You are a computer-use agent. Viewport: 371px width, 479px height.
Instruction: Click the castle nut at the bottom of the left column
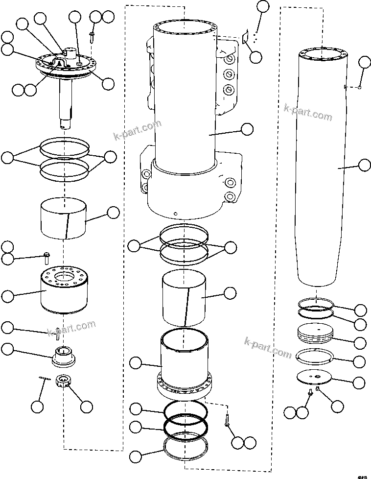pyautogui.click(x=63, y=381)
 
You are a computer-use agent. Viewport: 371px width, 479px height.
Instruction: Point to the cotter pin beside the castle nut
pyautogui.click(x=45, y=377)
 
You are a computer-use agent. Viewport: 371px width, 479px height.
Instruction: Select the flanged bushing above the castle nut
pyautogui.click(x=63, y=355)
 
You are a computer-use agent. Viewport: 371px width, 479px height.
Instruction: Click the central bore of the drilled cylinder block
pyautogui.click(x=65, y=278)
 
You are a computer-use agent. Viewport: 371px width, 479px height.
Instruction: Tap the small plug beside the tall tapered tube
pyautogui.click(x=360, y=88)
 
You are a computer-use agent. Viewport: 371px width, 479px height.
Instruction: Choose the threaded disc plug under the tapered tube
pyautogui.click(x=315, y=334)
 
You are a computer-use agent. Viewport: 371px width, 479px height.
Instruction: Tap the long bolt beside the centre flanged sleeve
pyautogui.click(x=227, y=419)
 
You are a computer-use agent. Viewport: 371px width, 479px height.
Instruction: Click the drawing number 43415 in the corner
pyautogui.click(x=362, y=475)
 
